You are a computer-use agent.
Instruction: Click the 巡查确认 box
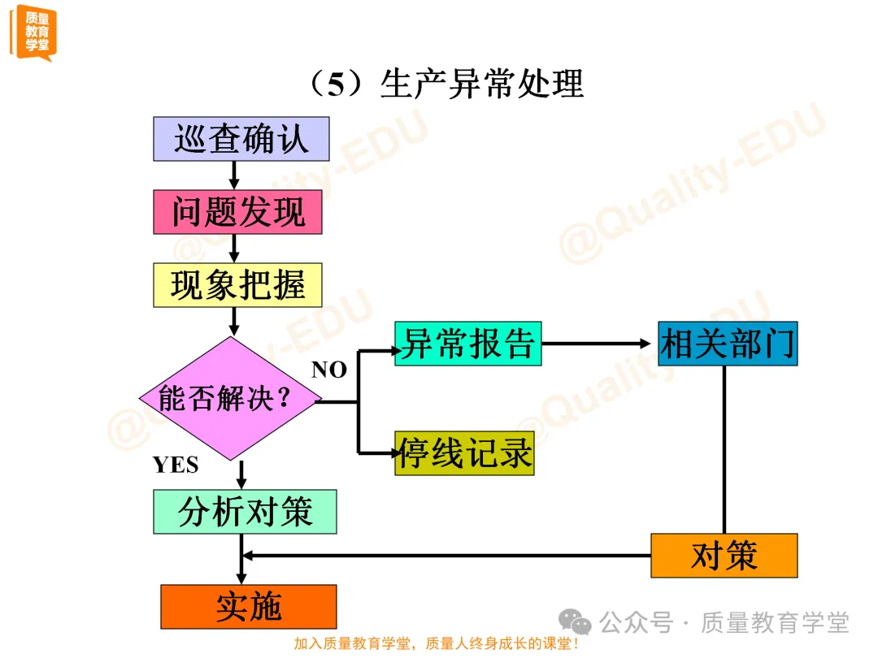(x=241, y=139)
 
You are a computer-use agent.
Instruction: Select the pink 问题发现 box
(x=238, y=212)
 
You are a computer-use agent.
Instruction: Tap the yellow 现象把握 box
(x=238, y=285)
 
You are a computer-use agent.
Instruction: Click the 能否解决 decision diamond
(x=227, y=399)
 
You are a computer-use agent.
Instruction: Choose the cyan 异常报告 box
(x=467, y=344)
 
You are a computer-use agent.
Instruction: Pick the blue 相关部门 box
(x=727, y=344)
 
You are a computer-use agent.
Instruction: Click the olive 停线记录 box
(x=464, y=453)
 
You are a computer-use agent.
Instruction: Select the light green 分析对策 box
(x=245, y=512)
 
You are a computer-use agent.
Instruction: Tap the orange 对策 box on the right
(x=724, y=556)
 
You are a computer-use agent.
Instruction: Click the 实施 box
(x=249, y=607)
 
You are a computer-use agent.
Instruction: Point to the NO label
(x=329, y=370)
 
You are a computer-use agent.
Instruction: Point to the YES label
(x=176, y=465)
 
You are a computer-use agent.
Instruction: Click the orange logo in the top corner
(x=33, y=32)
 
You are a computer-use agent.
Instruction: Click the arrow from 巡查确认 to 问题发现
(x=234, y=175)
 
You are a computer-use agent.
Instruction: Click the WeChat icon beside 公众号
(x=580, y=624)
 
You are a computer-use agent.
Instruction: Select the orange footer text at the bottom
(x=437, y=644)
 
